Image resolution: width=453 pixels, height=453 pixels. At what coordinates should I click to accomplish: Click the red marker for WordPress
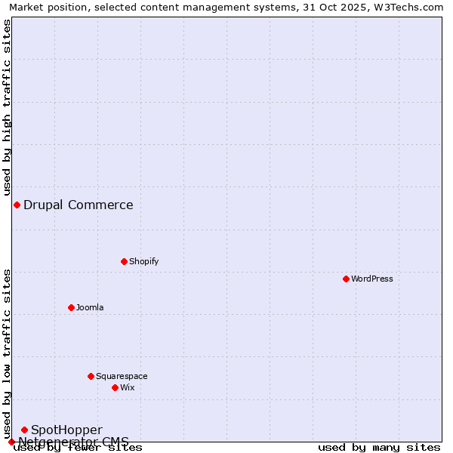346,279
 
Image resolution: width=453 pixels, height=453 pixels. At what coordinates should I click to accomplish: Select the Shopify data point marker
124,261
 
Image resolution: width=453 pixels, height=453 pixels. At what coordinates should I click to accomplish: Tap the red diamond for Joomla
71,307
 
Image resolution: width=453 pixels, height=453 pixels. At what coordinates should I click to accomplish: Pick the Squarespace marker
91,376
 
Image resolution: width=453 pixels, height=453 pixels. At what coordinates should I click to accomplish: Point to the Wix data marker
115,387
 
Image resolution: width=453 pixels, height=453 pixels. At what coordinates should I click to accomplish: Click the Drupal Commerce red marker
17,205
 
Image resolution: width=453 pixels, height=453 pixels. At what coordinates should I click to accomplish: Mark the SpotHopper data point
24,430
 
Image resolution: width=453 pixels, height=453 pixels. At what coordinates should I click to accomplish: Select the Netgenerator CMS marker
11,442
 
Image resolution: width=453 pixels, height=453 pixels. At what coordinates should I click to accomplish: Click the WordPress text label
372,279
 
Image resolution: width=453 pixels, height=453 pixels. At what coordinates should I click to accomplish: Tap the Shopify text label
143,261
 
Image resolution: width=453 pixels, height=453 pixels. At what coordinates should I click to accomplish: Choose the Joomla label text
90,307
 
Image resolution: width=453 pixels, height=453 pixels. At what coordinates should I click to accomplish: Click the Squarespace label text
122,376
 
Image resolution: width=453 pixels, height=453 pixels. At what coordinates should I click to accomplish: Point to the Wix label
128,387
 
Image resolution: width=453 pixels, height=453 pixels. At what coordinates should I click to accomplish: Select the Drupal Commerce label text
79,205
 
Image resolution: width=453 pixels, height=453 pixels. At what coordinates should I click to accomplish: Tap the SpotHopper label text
66,430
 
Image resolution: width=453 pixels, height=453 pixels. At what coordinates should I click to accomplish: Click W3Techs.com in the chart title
407,7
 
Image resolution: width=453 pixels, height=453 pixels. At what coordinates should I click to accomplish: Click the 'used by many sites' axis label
379,447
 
